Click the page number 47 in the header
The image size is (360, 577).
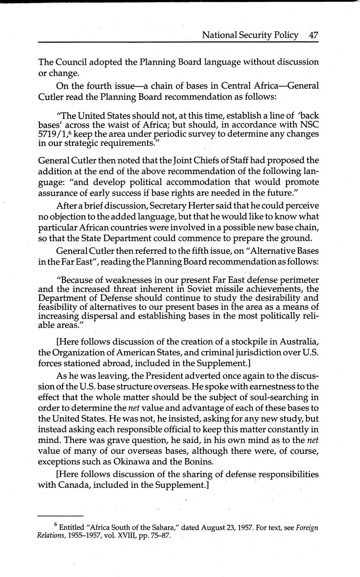pyautogui.click(x=314, y=35)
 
